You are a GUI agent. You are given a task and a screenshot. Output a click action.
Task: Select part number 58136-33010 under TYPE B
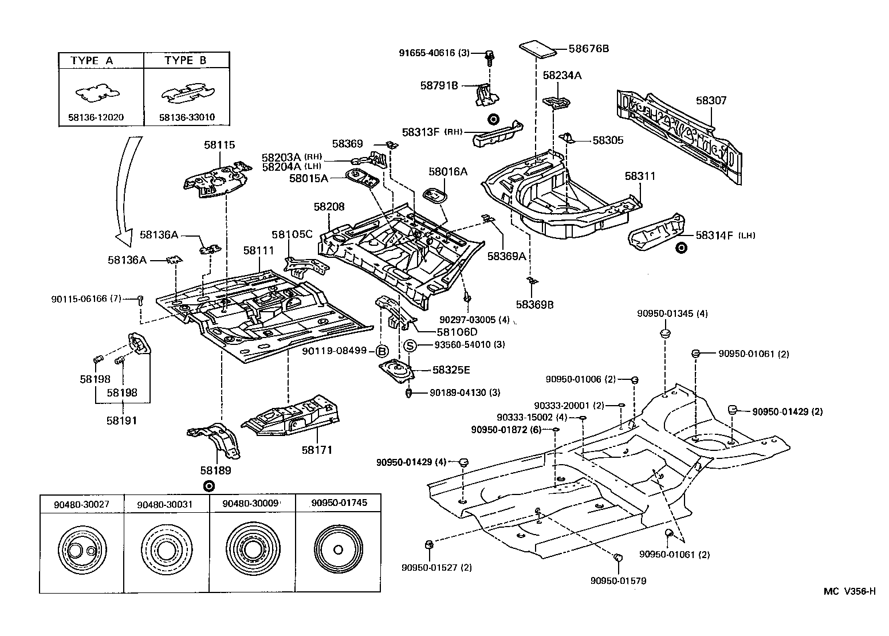(187, 117)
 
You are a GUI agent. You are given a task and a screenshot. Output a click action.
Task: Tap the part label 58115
(219, 146)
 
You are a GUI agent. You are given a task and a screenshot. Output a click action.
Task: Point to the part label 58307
(711, 101)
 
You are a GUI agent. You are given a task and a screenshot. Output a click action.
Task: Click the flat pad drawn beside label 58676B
(537, 49)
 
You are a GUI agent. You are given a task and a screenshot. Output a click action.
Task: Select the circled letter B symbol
(382, 351)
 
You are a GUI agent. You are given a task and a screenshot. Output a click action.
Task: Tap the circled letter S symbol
(410, 345)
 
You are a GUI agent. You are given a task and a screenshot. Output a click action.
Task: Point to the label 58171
(317, 450)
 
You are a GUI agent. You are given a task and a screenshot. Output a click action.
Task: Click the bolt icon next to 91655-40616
(489, 55)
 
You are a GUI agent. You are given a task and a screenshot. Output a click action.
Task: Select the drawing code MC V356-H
(849, 592)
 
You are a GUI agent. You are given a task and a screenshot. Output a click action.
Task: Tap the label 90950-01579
(618, 580)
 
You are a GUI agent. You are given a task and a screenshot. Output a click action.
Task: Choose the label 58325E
(451, 370)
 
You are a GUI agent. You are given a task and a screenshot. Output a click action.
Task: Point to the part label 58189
(215, 470)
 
